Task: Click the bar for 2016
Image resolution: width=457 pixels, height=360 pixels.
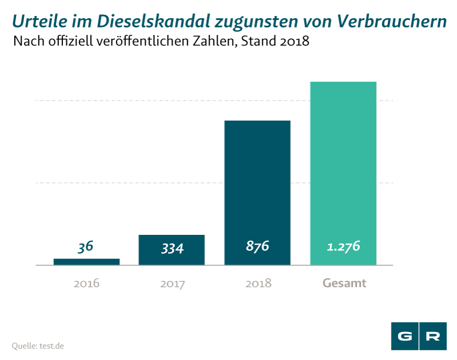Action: pyautogui.click(x=86, y=262)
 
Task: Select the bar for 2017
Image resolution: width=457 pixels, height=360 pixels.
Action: pyautogui.click(x=171, y=250)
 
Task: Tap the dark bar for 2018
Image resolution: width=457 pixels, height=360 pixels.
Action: pyautogui.click(x=257, y=183)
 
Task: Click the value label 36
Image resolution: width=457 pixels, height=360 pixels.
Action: pyautogui.click(x=86, y=247)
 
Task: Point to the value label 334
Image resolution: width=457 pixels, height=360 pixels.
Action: pyautogui.click(x=171, y=248)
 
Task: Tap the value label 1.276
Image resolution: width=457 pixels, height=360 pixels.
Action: pyautogui.click(x=343, y=247)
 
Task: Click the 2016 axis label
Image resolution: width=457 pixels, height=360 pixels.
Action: pyautogui.click(x=86, y=283)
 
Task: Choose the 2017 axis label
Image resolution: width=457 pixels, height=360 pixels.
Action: pyautogui.click(x=172, y=283)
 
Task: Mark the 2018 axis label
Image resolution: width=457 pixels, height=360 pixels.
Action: pyautogui.click(x=258, y=283)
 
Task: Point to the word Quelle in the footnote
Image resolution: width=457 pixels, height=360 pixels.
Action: pyautogui.click(x=24, y=346)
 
